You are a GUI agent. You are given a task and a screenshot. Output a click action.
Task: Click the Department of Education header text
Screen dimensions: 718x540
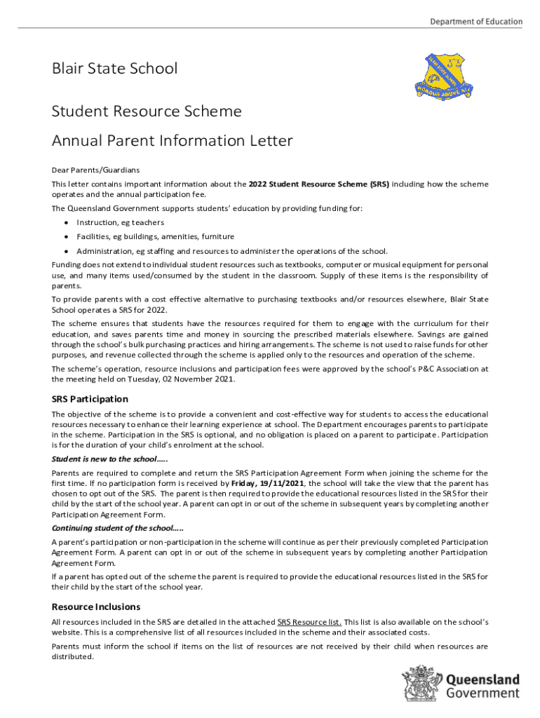click(475, 22)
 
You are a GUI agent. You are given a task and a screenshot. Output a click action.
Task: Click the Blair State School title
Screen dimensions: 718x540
click(114, 69)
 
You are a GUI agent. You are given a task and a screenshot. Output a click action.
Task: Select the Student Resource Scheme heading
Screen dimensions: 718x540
click(147, 111)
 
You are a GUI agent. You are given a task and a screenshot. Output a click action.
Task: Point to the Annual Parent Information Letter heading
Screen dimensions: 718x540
click(172, 141)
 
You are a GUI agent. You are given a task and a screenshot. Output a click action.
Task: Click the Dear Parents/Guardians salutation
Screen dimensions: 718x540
click(95, 170)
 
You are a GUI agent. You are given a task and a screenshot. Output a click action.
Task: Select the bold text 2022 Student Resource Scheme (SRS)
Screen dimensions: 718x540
click(318, 184)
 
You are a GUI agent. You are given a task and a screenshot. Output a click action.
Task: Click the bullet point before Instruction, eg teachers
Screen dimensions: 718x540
click(65, 223)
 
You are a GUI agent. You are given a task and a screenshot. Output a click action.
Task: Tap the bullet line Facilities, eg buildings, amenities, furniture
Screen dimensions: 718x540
click(155, 237)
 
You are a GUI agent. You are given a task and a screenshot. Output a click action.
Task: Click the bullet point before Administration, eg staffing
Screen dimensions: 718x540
click(65, 251)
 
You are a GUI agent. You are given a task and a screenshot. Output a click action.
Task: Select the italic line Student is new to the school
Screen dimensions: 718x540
click(109, 459)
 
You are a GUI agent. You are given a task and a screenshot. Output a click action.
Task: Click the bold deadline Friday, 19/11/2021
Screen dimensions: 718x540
click(269, 483)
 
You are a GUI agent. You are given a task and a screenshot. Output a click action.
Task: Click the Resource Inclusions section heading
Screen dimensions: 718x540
click(96, 607)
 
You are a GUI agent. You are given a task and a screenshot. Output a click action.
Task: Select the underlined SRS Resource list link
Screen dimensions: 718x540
click(309, 622)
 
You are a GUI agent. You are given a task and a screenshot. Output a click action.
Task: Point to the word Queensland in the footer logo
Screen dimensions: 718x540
click(482, 679)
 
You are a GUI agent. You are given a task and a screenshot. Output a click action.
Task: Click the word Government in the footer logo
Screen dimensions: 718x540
click(482, 693)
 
